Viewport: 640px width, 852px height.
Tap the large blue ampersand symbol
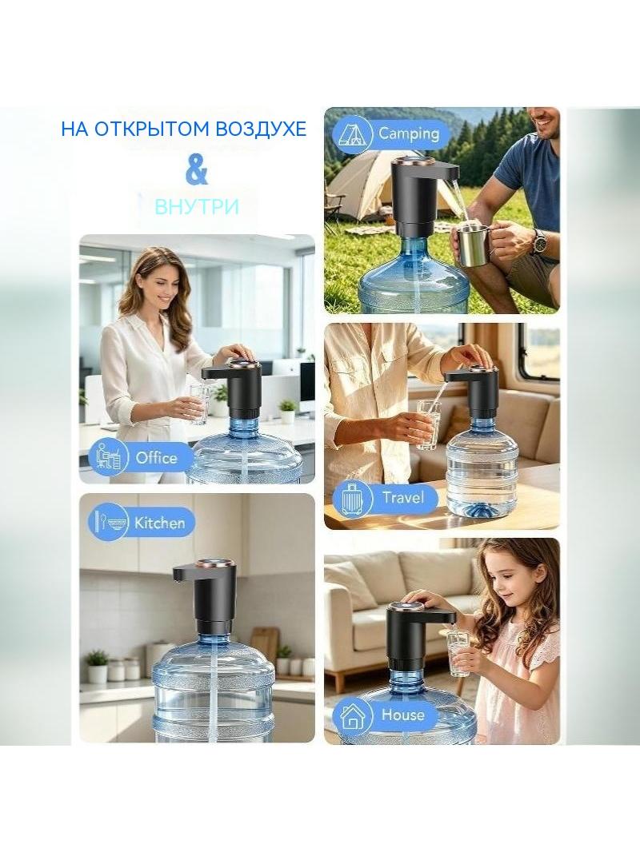pyautogui.click(x=196, y=170)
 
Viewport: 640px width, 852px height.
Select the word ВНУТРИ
pyautogui.click(x=197, y=206)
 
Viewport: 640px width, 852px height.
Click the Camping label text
pyautogui.click(x=409, y=133)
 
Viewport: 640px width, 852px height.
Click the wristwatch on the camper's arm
pyautogui.click(x=539, y=241)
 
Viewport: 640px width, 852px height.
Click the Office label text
pyautogui.click(x=157, y=457)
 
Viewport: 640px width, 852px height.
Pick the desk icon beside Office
pyautogui.click(x=109, y=456)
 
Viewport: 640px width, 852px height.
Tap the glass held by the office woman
pyautogui.click(x=199, y=404)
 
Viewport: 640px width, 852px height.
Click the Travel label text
pyautogui.click(x=402, y=497)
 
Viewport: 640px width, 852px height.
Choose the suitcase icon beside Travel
pyautogui.click(x=352, y=498)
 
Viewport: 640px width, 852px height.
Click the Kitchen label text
pyautogui.click(x=160, y=523)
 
